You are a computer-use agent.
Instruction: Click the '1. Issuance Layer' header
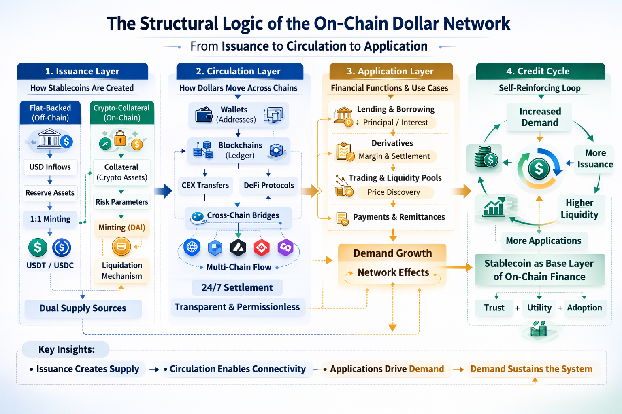(x=82, y=71)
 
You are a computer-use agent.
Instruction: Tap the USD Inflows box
(x=50, y=167)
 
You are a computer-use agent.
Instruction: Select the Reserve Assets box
(x=50, y=193)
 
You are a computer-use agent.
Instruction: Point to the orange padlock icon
(x=120, y=138)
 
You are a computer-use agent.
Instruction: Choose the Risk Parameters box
(x=121, y=202)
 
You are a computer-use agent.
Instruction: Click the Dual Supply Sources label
(x=83, y=308)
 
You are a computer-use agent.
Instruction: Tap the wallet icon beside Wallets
(x=204, y=115)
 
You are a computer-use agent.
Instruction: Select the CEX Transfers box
(x=205, y=185)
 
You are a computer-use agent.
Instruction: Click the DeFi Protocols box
(x=268, y=185)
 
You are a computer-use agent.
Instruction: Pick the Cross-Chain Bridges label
(x=243, y=215)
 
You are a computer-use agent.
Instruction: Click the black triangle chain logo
(x=238, y=247)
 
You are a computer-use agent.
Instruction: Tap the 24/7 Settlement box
(x=237, y=287)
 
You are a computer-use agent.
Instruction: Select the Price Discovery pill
(x=394, y=192)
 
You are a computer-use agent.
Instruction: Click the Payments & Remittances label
(x=398, y=217)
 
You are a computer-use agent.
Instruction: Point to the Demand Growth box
(x=392, y=253)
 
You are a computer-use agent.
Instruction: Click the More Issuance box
(x=595, y=158)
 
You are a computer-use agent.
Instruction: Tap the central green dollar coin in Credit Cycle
(x=539, y=168)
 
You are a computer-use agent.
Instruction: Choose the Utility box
(x=539, y=308)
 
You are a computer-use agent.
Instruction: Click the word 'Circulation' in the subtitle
(x=316, y=46)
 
